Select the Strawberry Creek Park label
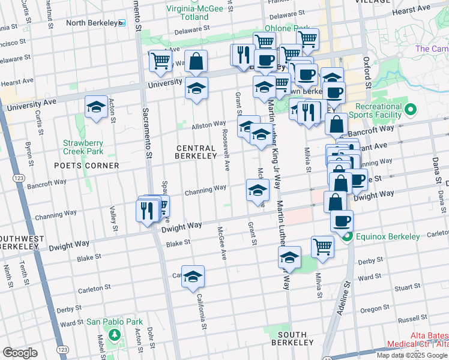pos(83,148)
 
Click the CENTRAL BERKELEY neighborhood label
pos(196,152)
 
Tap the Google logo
pos(20,352)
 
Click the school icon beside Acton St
pos(96,107)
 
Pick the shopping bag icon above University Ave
pos(196,61)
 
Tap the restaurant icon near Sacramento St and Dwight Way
pos(146,209)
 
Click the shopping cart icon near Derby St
pos(322,247)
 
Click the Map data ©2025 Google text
pos(412,355)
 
